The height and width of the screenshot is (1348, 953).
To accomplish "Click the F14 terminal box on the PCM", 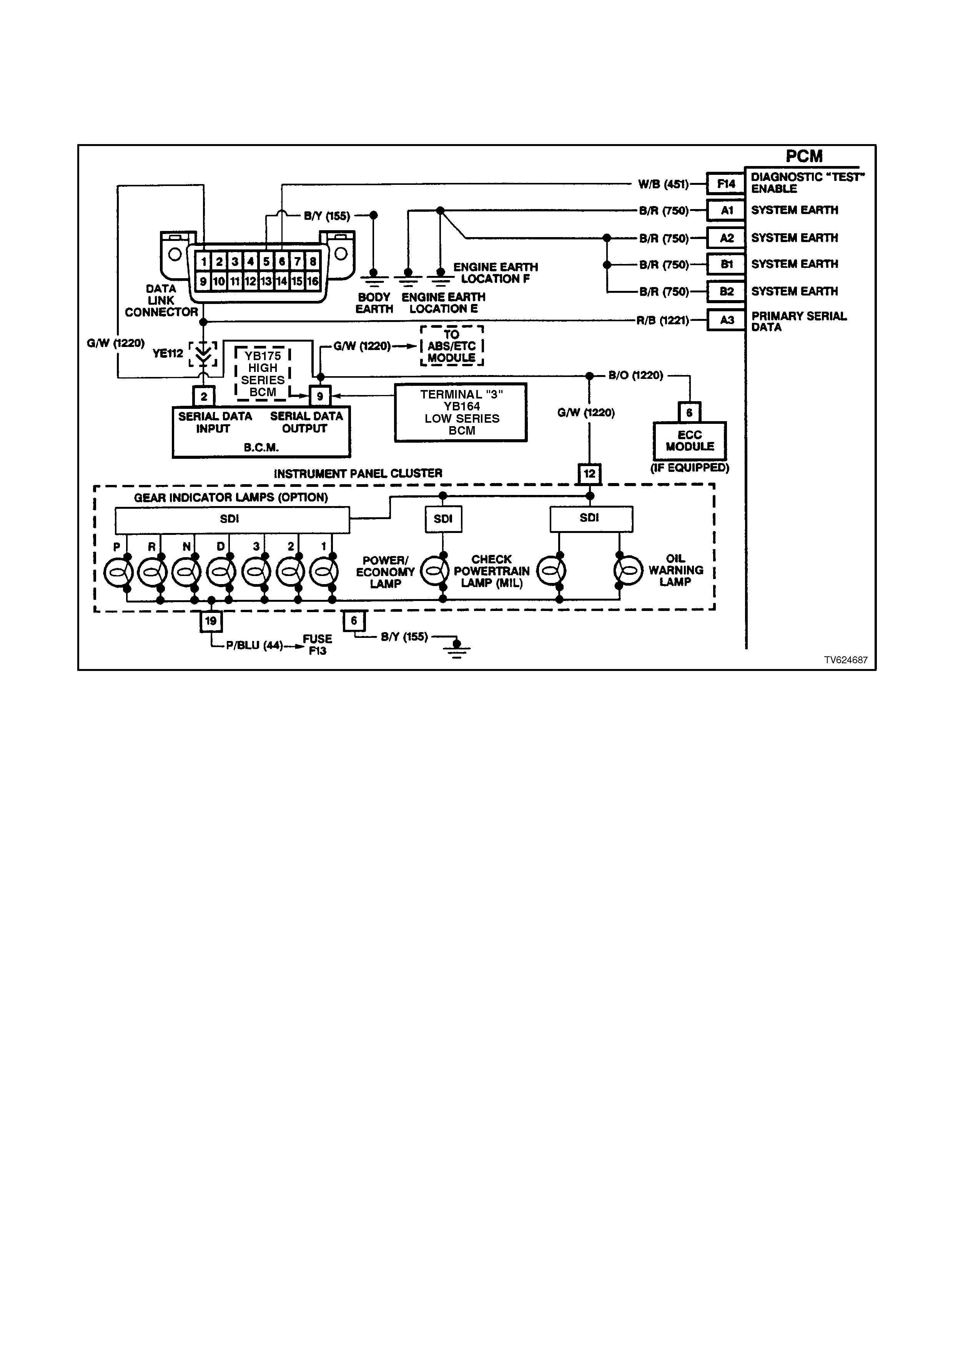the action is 726,184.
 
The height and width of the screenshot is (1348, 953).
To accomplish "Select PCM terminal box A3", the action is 726,320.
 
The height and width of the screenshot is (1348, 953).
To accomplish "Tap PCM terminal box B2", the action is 726,292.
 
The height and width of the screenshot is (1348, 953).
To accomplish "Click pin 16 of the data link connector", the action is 313,281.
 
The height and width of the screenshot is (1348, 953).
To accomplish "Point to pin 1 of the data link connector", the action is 203,261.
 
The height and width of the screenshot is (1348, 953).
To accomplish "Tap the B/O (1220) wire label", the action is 636,375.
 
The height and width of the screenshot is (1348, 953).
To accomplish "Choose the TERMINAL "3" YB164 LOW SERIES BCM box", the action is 461,412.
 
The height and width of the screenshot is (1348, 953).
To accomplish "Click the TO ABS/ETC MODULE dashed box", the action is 452,346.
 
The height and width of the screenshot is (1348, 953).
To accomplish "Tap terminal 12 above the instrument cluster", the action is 590,473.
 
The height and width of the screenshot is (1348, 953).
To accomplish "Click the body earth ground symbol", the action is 373,275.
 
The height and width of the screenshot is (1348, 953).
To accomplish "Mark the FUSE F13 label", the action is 317,645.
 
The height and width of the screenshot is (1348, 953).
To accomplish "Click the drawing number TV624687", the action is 845,660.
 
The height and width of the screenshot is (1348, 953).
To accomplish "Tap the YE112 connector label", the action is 168,354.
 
